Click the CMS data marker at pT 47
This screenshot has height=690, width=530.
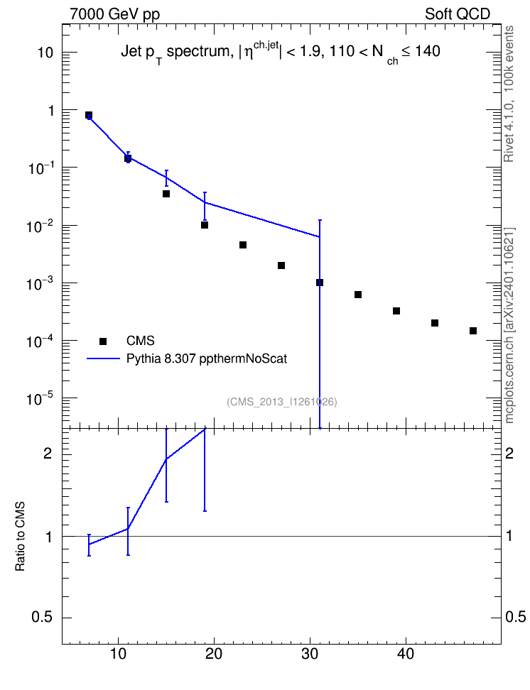[473, 331]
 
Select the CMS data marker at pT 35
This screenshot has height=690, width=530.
[358, 295]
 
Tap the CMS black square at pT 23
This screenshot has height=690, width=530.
[243, 245]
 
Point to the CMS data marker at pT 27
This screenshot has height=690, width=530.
[281, 265]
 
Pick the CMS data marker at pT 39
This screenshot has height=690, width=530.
[396, 311]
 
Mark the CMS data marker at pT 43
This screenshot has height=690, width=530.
[435, 323]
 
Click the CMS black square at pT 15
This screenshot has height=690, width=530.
[166, 194]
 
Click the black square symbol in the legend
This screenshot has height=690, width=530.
[103, 341]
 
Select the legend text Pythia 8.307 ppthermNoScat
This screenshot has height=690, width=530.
[207, 359]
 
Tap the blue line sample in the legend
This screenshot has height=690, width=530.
[103, 359]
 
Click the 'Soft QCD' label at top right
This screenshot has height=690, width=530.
[458, 14]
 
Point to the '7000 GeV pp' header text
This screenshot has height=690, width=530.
[114, 14]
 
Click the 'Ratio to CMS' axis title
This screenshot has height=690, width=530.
[20, 537]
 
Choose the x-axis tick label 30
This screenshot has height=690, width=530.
[310, 655]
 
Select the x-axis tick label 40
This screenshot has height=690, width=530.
[406, 655]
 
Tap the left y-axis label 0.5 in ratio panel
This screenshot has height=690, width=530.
[42, 618]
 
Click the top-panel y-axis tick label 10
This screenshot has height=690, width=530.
[45, 53]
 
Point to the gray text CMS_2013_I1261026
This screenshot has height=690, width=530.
[282, 402]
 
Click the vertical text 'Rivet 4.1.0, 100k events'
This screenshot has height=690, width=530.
[509, 94]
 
